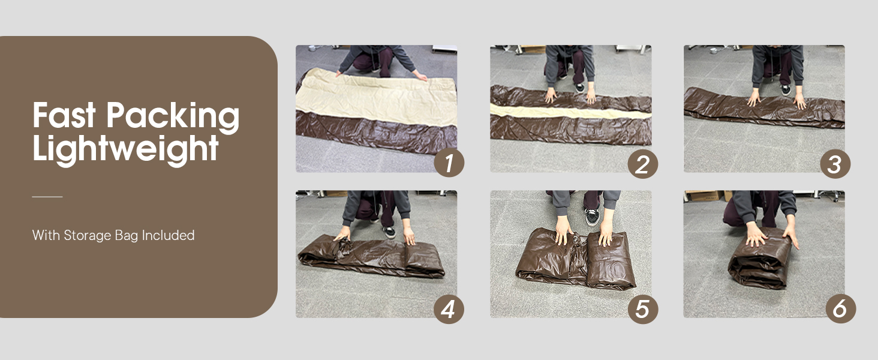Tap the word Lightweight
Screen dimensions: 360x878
(125, 148)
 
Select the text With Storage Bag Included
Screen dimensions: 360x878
(113, 235)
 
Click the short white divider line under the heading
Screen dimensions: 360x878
(47, 197)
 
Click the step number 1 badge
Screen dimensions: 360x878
(449, 163)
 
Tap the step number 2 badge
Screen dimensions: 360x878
(642, 164)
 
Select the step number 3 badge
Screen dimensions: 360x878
(835, 163)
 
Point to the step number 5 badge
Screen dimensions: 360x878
(642, 309)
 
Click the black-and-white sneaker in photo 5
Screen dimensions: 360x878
(591, 216)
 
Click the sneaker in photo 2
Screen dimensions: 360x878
(580, 87)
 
